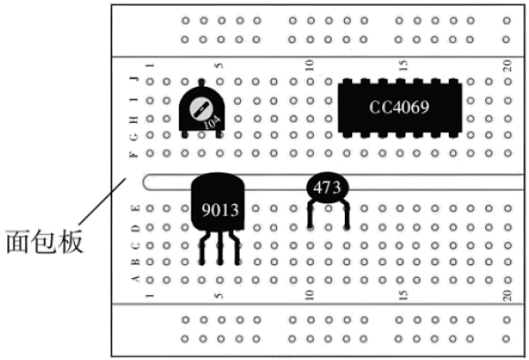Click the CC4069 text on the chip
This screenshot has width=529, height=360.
tap(399, 108)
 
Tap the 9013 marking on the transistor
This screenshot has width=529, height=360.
tap(221, 210)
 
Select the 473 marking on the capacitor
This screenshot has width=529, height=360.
tap(327, 188)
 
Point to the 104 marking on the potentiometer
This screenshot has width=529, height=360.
tap(213, 122)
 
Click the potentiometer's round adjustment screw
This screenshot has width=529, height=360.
tap(201, 109)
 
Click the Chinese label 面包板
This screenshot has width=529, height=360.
tap(45, 242)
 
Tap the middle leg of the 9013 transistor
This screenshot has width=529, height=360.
tap(221, 247)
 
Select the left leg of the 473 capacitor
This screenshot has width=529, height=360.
tap(311, 215)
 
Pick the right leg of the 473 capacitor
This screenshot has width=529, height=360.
tap(347, 215)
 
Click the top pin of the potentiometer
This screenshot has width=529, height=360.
tap(202, 83)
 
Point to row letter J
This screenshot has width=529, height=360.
tap(135, 79)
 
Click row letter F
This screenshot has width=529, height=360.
tap(134, 154)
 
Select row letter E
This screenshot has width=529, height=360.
tap(136, 208)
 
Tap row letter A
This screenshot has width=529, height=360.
tap(136, 279)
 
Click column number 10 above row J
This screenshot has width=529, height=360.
tap(310, 65)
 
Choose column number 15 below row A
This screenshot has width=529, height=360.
tap(403, 295)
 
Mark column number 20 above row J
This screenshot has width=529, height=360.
tap(507, 65)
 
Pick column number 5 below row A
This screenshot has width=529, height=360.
tap(219, 295)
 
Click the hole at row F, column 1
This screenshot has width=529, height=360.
tap(150, 153)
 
